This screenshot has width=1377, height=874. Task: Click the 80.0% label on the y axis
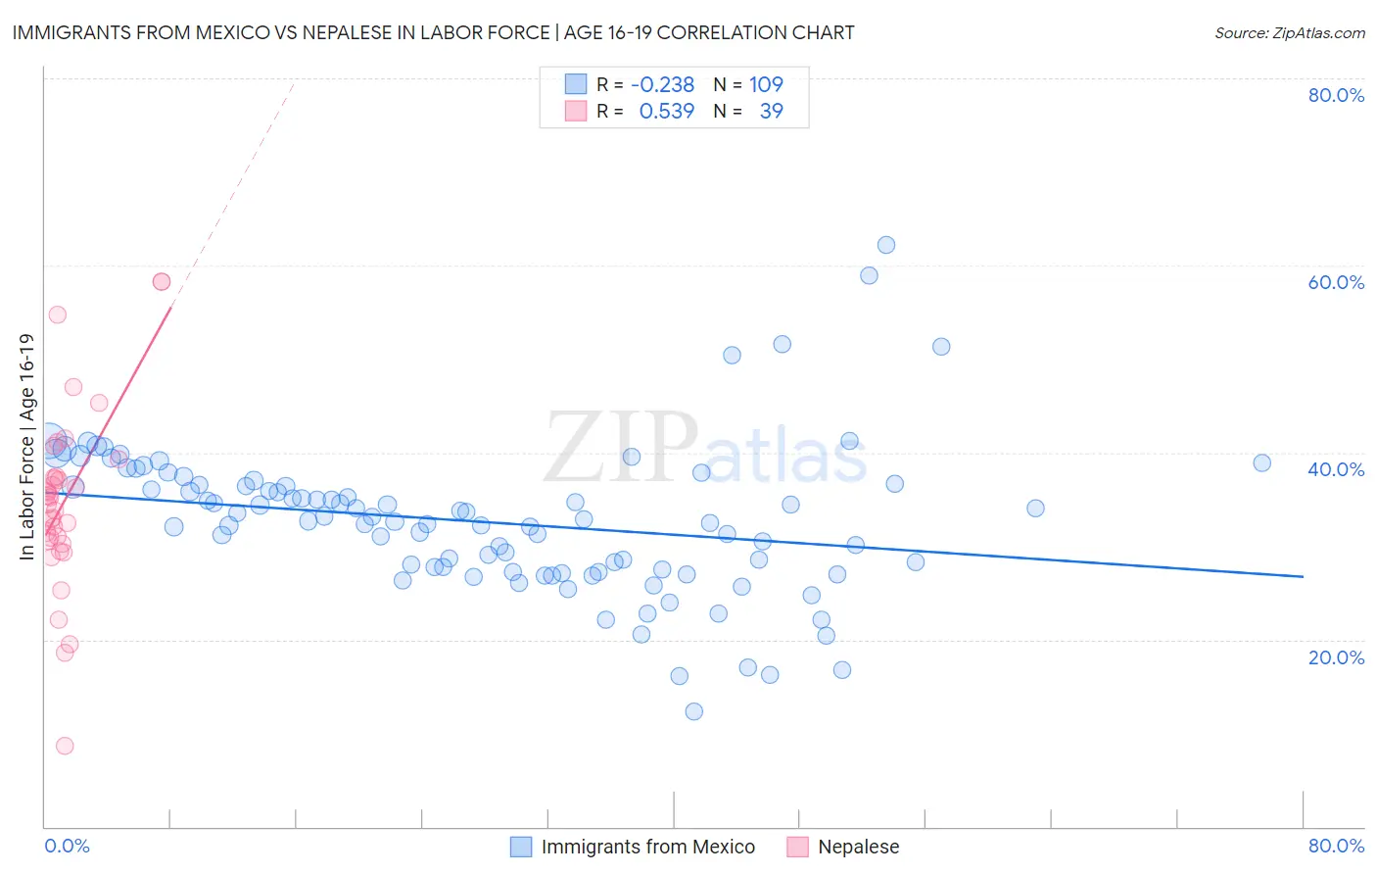(x=1336, y=95)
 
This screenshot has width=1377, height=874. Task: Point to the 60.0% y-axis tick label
(x=1336, y=282)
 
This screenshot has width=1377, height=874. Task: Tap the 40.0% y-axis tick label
(x=1336, y=469)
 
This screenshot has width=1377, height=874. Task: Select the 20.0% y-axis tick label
(x=1336, y=657)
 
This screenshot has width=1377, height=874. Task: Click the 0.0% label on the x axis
(x=67, y=846)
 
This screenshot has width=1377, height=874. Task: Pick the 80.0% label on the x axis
(x=1336, y=846)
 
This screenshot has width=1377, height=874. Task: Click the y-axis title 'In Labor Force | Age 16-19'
(x=26, y=447)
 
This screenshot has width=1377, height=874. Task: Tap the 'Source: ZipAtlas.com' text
(x=1289, y=32)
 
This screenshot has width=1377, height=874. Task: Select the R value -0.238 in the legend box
(x=662, y=84)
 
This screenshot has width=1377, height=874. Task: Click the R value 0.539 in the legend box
(x=666, y=111)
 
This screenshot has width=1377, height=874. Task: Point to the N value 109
(x=766, y=84)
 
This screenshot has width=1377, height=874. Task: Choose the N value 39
(x=771, y=111)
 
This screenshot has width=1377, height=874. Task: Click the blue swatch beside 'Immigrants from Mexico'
(x=521, y=847)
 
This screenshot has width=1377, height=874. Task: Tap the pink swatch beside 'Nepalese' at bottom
(x=797, y=847)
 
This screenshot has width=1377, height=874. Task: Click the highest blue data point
(x=886, y=245)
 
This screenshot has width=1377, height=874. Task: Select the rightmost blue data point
(x=1262, y=463)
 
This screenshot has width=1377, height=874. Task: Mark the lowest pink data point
(x=65, y=746)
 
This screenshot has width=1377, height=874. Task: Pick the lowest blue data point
(x=694, y=711)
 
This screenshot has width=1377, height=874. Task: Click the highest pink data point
(x=162, y=281)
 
